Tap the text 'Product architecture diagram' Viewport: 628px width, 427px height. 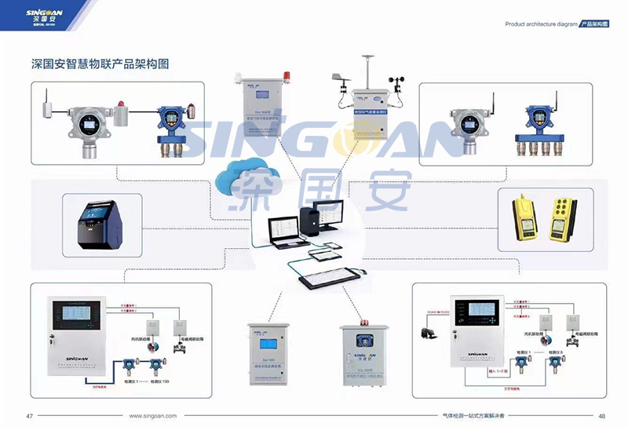coord(540,24)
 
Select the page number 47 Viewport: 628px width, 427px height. coord(30,416)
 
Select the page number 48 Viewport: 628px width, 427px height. coord(602,416)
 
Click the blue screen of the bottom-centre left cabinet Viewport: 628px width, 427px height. coord(269,345)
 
